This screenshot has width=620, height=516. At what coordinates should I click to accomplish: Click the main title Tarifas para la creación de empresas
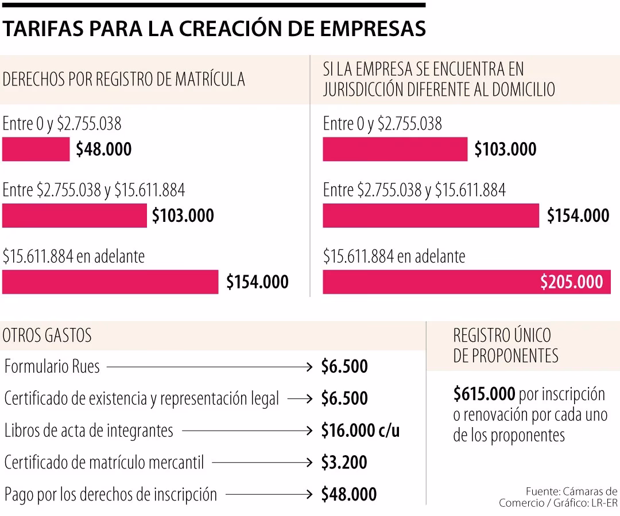click(214, 29)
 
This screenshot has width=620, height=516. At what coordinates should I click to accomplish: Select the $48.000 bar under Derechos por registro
click(36, 150)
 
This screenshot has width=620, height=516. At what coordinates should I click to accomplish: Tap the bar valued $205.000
click(466, 282)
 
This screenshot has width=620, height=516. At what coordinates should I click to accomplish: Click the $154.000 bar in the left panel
click(110, 282)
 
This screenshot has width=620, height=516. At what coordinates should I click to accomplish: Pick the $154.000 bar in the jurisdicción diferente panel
click(431, 216)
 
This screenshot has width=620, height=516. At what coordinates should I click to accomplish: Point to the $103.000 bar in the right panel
click(395, 150)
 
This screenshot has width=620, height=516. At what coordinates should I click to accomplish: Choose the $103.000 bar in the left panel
click(75, 216)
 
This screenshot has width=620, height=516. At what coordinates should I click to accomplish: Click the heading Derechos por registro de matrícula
click(123, 79)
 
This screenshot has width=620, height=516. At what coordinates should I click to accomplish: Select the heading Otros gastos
click(47, 335)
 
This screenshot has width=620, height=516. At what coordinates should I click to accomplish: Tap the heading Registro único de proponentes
click(505, 345)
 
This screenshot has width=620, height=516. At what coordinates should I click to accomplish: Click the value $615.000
click(484, 394)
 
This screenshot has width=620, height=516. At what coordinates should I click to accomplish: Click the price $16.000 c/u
click(360, 431)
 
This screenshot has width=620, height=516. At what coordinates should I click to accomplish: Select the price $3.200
click(344, 462)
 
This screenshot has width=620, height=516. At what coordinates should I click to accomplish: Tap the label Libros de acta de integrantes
click(88, 431)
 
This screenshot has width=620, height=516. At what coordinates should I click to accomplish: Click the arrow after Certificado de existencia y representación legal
click(300, 398)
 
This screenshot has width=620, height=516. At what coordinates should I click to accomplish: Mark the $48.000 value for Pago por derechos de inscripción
click(348, 494)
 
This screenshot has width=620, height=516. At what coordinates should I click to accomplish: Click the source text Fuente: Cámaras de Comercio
click(558, 497)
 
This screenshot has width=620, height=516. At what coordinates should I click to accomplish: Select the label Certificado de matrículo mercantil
click(103, 462)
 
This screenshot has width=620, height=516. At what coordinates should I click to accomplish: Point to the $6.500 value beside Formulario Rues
click(344, 366)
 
